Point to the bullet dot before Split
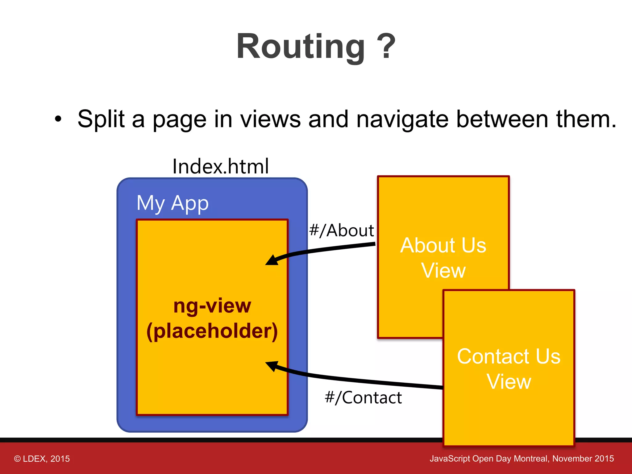click(x=58, y=119)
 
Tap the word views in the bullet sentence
click(x=270, y=119)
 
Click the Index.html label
click(x=220, y=166)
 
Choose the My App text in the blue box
click(x=173, y=203)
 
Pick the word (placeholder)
click(x=212, y=331)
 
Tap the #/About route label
click(x=342, y=231)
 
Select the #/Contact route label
click(x=363, y=397)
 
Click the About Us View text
click(x=443, y=258)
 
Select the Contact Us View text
click(x=509, y=369)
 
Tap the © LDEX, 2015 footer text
click(x=42, y=459)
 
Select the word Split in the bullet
click(x=101, y=119)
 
